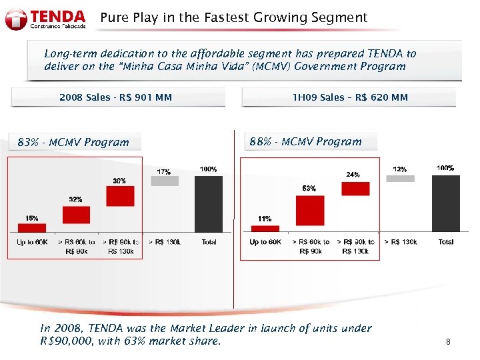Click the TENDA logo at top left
coord(45,19)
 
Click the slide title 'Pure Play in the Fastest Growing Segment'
coord(233,18)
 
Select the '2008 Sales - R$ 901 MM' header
coord(116,97)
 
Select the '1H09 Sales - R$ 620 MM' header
coord(350,97)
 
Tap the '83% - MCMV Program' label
coord(73,142)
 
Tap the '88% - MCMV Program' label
coord(305,141)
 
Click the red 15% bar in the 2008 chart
coord(32,227)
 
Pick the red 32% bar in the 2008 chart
coord(76,215)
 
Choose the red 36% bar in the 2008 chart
coord(120,196)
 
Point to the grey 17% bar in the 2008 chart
coord(165,181)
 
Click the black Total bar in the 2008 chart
coord(209,203)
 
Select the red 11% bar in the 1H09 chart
coord(265,229)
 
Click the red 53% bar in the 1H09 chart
coord(310,211)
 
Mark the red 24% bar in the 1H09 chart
coord(355,189)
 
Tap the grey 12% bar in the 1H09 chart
coord(400,178)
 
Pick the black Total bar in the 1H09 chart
coord(445,203)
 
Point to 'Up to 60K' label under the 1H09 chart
coord(265,242)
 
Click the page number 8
coord(448,342)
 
